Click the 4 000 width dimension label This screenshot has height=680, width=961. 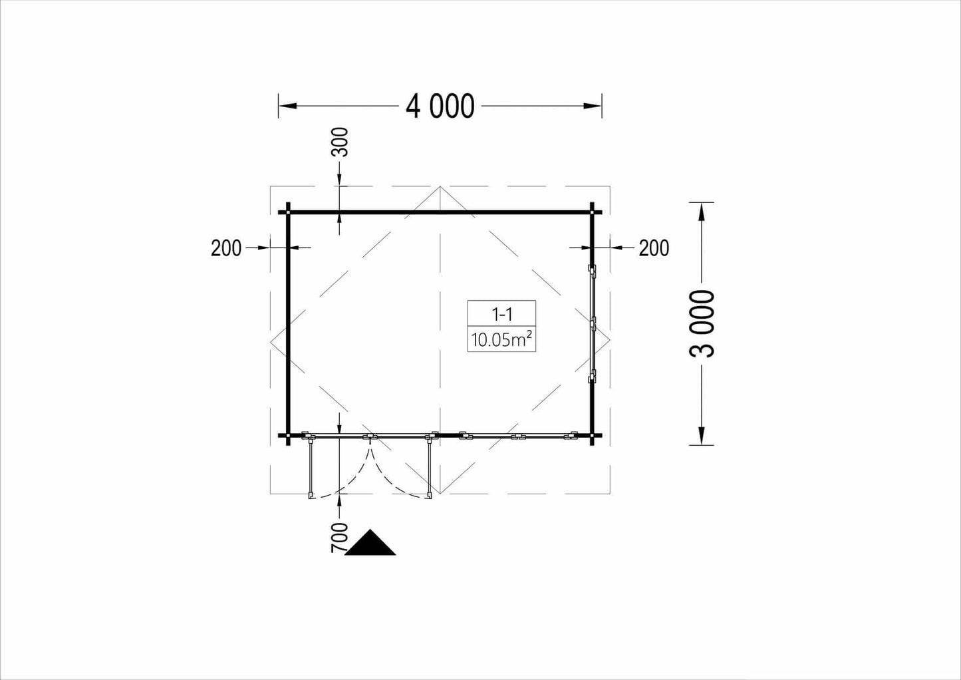(440, 106)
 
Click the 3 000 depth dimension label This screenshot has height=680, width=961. (702, 323)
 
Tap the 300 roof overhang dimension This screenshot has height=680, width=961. (340, 142)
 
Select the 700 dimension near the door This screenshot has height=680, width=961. (339, 538)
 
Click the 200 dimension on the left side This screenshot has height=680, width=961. (226, 248)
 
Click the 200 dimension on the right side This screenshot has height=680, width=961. (654, 248)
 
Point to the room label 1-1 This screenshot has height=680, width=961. (501, 315)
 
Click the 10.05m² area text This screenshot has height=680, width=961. (502, 340)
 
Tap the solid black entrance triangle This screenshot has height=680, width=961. (370, 543)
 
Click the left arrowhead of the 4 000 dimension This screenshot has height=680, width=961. (287, 106)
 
